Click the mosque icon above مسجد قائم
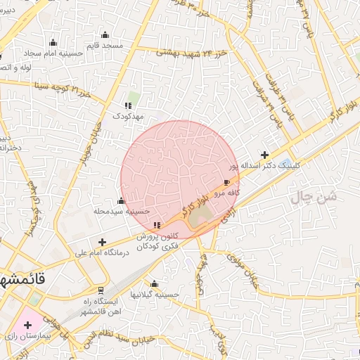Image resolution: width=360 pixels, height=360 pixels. point(105,35)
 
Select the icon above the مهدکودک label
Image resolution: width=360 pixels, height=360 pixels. point(128,105)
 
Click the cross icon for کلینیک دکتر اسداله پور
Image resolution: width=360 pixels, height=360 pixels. point(264,155)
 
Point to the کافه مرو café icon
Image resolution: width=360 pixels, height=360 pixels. point(226,182)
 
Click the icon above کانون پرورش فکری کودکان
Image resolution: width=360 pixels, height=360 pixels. point(156,226)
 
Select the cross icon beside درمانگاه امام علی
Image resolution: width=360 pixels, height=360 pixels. point(103,242)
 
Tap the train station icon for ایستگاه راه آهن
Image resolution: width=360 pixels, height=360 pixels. point(101,290)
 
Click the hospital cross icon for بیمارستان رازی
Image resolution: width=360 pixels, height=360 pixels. point(27,325)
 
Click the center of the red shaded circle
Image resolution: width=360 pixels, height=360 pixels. point(180,180)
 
